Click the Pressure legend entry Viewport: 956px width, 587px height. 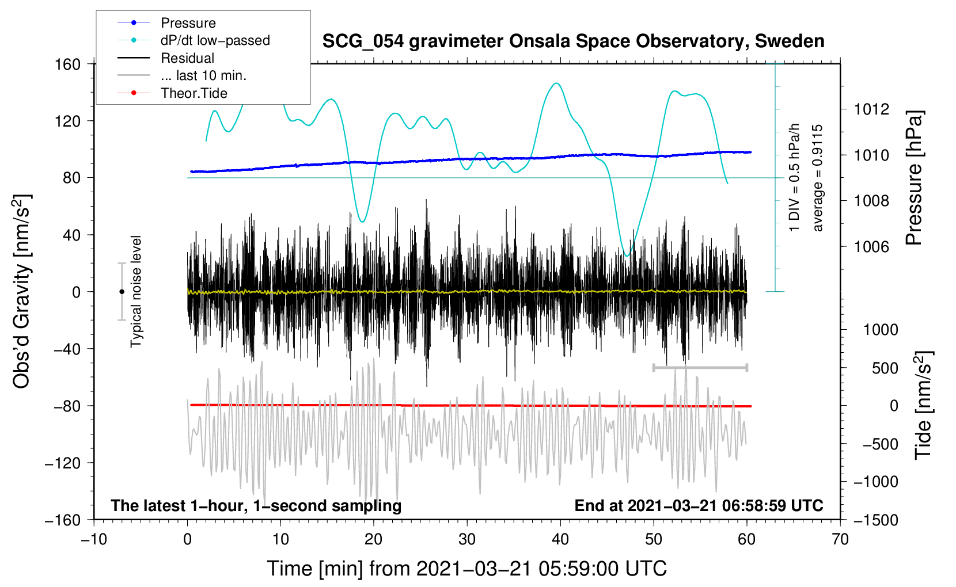tap(188, 23)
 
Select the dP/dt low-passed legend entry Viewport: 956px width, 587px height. tap(215, 40)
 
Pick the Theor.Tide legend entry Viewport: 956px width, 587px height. tap(194, 93)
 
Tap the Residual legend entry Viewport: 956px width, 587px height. tap(187, 58)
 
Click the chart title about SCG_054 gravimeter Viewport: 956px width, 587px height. tap(573, 41)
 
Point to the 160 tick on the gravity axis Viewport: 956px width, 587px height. tap(68, 64)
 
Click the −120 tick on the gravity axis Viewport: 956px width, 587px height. tap(63, 463)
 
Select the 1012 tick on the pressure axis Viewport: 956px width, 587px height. tap(872, 109)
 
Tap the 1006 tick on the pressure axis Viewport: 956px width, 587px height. tap(872, 247)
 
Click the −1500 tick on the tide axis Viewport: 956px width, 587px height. tap(876, 520)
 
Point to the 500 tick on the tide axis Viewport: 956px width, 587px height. tap(885, 368)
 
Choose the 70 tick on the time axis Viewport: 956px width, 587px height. tap(840, 539)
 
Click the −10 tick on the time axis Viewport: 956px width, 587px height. tap(94, 539)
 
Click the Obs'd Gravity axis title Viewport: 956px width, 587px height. tap(22, 292)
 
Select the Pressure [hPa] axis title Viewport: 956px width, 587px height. tap(914, 178)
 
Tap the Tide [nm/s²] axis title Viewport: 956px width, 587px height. tap(923, 405)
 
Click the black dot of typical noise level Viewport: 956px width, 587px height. tap(122, 292)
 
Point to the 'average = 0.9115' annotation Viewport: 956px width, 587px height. tap(817, 178)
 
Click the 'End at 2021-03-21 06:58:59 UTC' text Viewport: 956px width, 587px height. tap(699, 505)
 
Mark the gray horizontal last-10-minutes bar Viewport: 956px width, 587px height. tap(700, 367)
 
